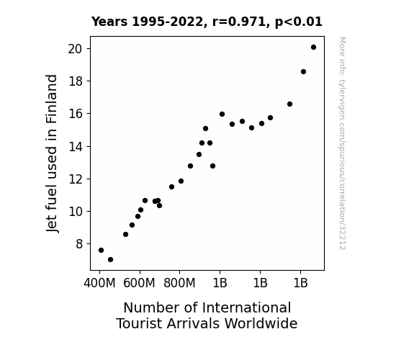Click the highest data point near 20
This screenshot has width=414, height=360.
(313, 48)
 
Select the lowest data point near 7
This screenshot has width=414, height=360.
(110, 260)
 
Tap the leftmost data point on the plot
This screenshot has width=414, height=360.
(101, 250)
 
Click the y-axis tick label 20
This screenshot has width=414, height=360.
(75, 49)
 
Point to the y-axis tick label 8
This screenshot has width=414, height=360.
(79, 244)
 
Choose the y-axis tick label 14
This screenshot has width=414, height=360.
(76, 147)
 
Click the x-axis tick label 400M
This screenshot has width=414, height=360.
(99, 283)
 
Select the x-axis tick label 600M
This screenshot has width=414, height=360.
(139, 283)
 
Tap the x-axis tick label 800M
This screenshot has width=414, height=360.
(179, 283)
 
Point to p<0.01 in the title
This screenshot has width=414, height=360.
(299, 22)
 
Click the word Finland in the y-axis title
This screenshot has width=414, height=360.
(51, 99)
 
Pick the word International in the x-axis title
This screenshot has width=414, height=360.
(247, 307)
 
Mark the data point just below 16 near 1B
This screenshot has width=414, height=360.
(222, 114)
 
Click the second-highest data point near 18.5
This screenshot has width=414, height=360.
(303, 71)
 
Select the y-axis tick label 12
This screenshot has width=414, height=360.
(76, 179)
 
